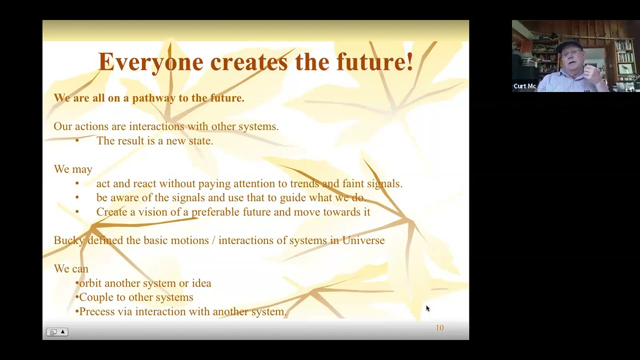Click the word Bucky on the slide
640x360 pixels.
69,240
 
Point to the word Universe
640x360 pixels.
363,240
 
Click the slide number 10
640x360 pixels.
439,328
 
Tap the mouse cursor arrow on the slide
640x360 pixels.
427,308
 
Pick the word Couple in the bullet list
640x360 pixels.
95,297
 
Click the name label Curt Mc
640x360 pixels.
524,86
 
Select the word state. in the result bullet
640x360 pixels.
200,141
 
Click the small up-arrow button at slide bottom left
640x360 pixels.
63,332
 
